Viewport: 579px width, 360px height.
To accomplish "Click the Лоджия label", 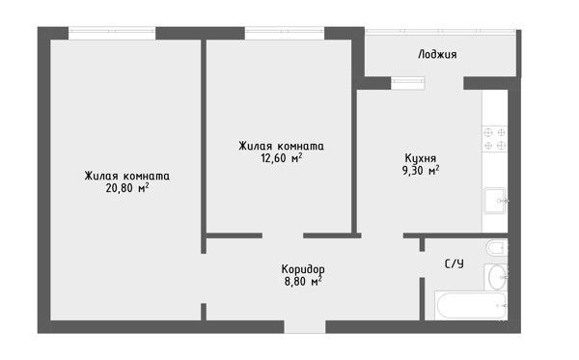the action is point(437,55).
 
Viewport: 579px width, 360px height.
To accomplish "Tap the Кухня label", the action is point(421,158).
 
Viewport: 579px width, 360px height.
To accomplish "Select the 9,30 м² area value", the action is point(421,171).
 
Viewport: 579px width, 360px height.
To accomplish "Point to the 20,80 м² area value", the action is point(127,188).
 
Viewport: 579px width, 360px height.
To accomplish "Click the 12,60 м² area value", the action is point(282,158).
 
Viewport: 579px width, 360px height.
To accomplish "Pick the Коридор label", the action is point(303,269).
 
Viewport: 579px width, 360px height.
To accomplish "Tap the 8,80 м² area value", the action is point(303,282).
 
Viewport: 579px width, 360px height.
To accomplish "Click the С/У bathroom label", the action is point(455,263).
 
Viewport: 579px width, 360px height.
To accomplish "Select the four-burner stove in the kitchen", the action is point(495,139).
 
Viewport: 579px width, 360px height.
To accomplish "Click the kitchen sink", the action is point(495,201).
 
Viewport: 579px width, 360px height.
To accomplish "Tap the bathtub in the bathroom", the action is point(471,305).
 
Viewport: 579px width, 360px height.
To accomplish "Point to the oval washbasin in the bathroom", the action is point(497,277).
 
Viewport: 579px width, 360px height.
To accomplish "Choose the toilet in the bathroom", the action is point(497,248).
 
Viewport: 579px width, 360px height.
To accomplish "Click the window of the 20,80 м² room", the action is point(112,33).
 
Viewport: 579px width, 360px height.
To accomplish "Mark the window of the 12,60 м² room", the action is point(285,33).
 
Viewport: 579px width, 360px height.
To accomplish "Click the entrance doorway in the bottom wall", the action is point(305,327).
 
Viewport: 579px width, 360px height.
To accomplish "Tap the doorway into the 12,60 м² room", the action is point(283,235).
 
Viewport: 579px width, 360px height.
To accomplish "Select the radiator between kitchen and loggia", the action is point(407,83).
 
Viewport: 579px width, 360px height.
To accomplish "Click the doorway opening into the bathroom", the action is point(422,264).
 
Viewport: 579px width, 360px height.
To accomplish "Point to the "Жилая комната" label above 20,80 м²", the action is point(127,176).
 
